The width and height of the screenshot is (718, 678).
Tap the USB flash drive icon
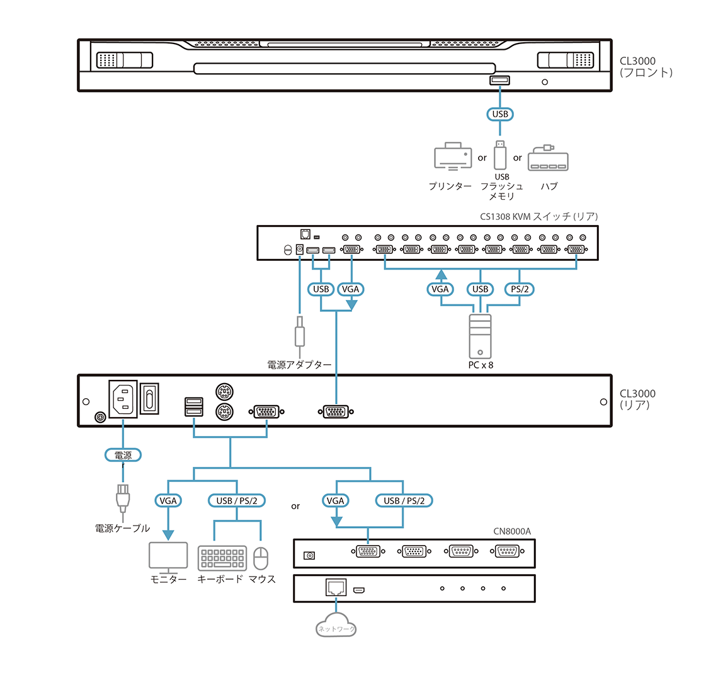500,155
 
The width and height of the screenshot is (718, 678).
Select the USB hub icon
547,158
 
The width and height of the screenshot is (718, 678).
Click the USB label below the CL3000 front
500,114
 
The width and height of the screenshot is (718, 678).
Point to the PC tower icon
480,336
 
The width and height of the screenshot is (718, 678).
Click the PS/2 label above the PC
520,289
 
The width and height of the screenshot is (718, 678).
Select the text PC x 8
481,365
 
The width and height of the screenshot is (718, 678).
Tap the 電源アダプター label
299,364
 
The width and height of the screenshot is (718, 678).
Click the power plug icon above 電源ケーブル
123,498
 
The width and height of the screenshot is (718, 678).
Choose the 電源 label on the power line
123,454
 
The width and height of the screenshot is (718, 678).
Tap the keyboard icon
221,558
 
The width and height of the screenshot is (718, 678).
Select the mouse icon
261,558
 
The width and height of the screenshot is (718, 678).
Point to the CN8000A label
511,531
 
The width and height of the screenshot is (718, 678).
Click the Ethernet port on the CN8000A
336,588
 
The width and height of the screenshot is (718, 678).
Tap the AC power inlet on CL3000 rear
123,399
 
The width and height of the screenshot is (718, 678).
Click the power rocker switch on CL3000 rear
149,399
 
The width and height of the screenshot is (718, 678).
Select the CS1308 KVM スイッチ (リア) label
538,216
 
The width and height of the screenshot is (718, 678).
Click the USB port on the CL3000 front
499,80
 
